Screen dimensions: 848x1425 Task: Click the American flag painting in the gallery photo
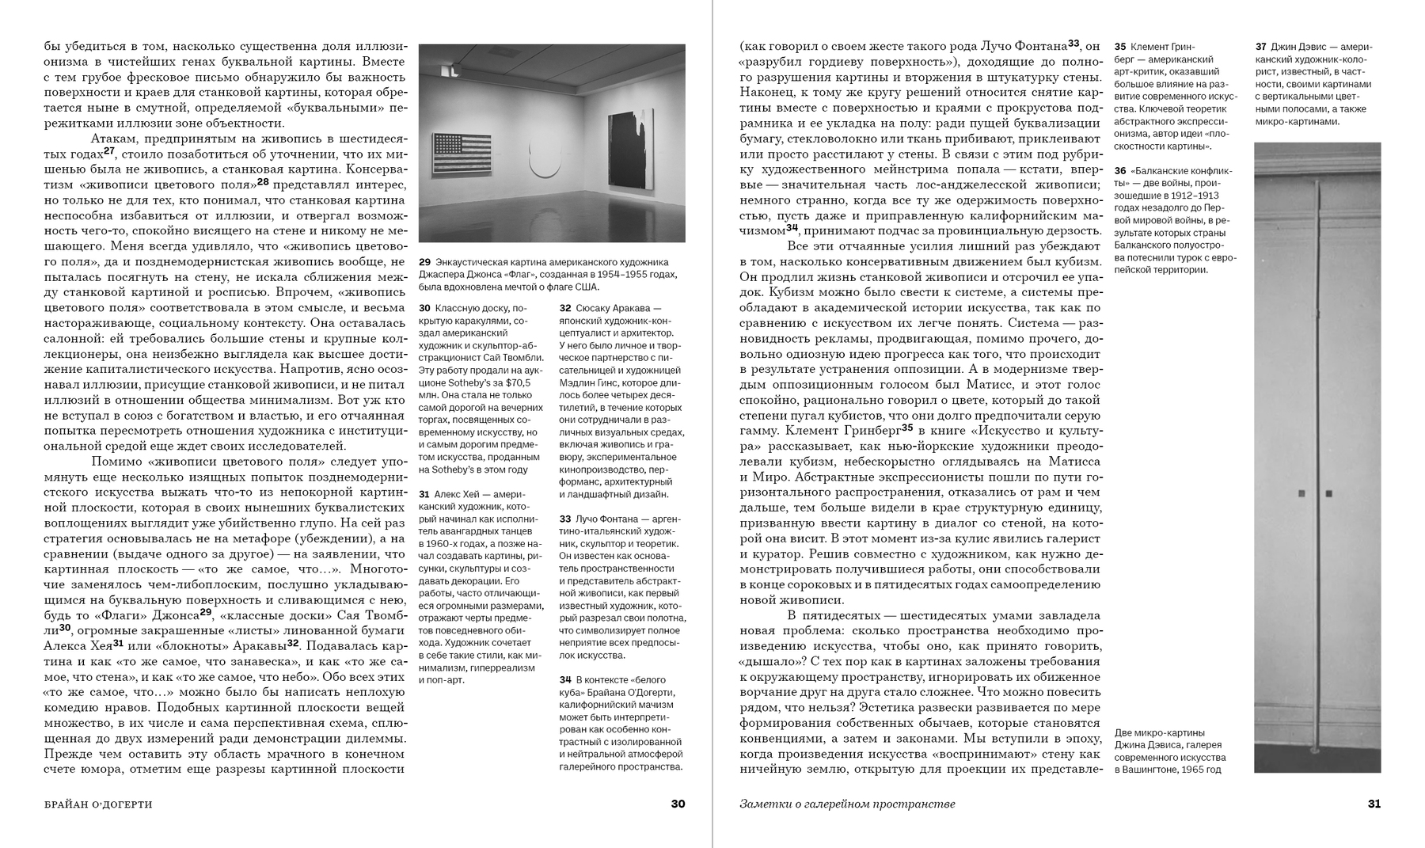[x=462, y=154]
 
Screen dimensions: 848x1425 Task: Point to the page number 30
[x=678, y=804]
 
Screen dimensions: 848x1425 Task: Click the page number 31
[x=1374, y=804]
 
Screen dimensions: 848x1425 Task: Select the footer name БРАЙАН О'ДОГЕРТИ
[x=98, y=804]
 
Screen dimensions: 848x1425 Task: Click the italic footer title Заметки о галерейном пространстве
[x=847, y=804]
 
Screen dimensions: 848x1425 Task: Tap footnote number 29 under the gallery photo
[x=424, y=262]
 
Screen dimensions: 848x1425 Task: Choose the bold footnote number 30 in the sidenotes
[x=424, y=308]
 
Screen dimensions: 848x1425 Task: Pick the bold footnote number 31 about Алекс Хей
[x=424, y=494]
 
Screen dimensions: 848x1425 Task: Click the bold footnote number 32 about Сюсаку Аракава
[x=565, y=308]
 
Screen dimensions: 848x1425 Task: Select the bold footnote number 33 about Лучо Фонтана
[x=565, y=519]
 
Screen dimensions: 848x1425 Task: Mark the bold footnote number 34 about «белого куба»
[x=565, y=679]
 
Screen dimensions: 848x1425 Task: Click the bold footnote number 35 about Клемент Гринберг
[x=1120, y=47]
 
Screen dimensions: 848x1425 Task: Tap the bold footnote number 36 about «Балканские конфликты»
[x=1120, y=170]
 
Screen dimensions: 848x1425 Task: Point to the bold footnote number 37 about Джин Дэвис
[x=1261, y=47]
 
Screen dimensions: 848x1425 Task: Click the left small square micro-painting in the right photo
[x=1301, y=493]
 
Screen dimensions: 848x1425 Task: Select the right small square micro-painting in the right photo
[x=1328, y=493]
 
